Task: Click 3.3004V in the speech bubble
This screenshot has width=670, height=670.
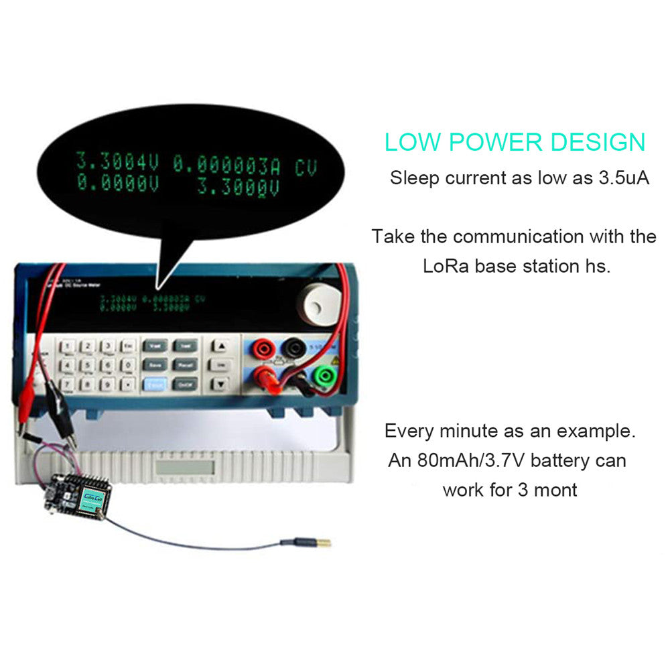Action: coord(117,162)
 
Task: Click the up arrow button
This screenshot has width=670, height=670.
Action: coord(219,346)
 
